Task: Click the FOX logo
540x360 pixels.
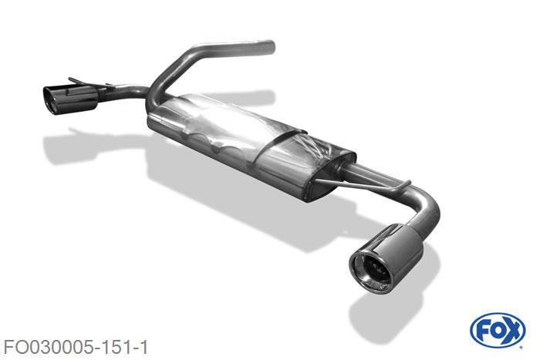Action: coord(498,331)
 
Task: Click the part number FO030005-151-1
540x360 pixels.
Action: coord(76,347)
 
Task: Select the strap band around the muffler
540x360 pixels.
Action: coord(279,145)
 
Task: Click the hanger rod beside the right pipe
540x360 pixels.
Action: coord(362,184)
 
